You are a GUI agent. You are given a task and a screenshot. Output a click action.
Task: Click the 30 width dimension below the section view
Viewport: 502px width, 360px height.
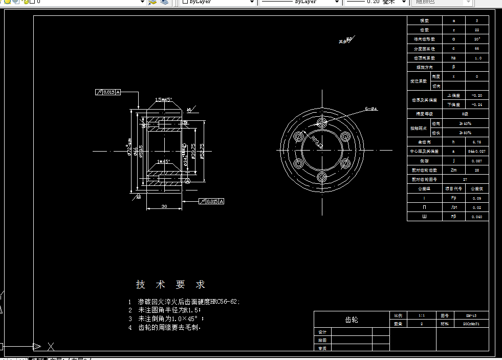pyautogui.click(x=164, y=206)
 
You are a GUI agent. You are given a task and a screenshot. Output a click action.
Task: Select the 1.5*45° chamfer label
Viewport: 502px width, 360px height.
pyautogui.click(x=164, y=100)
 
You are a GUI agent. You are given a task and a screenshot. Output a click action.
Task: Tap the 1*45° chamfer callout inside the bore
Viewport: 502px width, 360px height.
pyautogui.click(x=164, y=161)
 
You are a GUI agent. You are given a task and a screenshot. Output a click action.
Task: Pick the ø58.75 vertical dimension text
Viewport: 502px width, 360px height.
pyautogui.click(x=203, y=151)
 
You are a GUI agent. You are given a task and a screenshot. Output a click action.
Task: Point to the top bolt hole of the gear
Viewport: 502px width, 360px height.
pyautogui.click(x=322, y=123)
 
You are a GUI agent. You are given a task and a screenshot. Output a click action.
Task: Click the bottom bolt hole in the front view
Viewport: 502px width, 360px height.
pyautogui.click(x=322, y=177)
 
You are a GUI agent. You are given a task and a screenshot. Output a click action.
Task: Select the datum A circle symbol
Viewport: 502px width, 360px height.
pyautogui.click(x=188, y=181)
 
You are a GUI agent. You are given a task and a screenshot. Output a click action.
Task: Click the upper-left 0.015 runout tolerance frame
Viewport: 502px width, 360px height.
pyautogui.click(x=108, y=92)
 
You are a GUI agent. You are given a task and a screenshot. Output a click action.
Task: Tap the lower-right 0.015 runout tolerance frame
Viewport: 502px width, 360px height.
pyautogui.click(x=211, y=201)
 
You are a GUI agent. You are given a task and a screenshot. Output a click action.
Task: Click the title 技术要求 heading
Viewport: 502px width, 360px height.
pyautogui.click(x=170, y=285)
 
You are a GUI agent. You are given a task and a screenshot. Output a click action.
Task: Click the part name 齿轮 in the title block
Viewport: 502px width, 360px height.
pyautogui.click(x=352, y=320)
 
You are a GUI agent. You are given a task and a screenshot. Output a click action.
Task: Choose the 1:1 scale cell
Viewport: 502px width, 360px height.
pyautogui.click(x=407, y=315)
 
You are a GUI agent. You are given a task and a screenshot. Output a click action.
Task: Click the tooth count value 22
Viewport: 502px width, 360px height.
pyautogui.click(x=477, y=30)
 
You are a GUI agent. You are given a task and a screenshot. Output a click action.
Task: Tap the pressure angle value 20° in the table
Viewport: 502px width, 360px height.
pyautogui.click(x=477, y=39)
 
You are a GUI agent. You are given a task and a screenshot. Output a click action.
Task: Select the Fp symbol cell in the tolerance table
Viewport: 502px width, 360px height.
pyautogui.click(x=453, y=198)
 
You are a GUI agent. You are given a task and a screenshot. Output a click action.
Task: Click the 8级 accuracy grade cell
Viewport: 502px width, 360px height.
pyautogui.click(x=465, y=114)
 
